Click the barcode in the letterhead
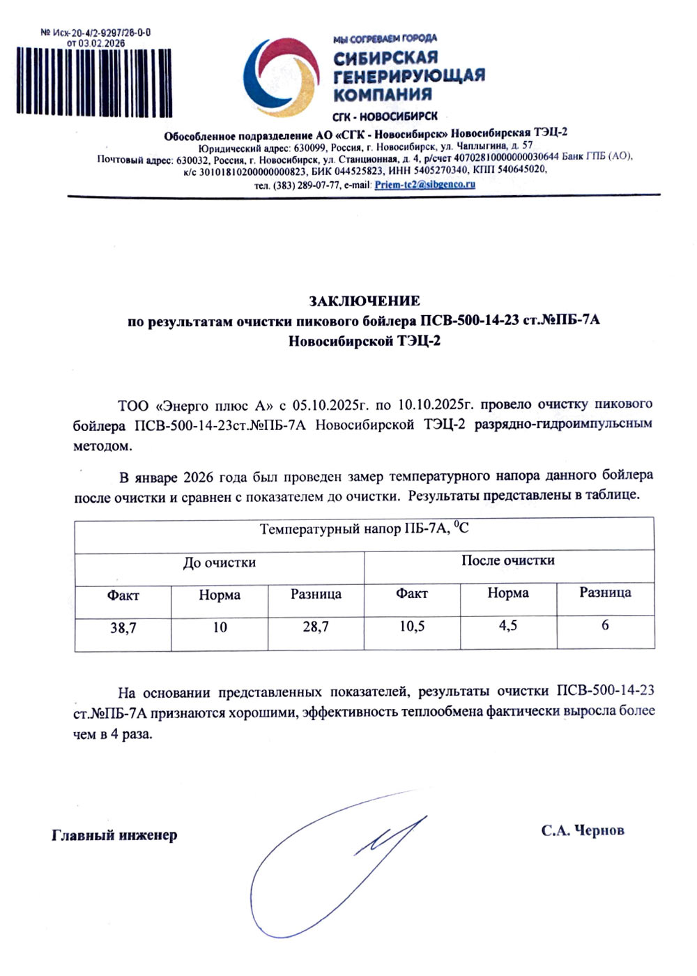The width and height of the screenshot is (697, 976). tap(94, 81)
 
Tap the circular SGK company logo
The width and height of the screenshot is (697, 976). tap(282, 77)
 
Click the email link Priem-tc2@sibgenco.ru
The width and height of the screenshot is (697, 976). tap(424, 185)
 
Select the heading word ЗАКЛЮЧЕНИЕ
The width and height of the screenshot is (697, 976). tap(365, 301)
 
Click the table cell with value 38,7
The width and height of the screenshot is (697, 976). tap(123, 628)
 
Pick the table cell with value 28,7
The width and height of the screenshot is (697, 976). tap(316, 627)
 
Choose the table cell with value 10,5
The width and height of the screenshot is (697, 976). tap(412, 627)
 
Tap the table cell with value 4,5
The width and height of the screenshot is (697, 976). tap(508, 626)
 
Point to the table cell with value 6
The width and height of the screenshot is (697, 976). tap(605, 625)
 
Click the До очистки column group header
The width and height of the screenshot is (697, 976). tap(220, 563)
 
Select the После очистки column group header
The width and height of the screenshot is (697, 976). tap(508, 561)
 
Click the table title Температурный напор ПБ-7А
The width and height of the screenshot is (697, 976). tap(364, 529)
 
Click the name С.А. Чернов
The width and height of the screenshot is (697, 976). tap(583, 830)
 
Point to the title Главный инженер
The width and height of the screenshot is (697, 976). tap(114, 835)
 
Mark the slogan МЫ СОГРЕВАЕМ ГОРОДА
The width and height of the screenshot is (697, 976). tap(385, 38)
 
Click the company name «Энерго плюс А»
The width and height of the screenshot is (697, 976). tap(213, 406)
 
